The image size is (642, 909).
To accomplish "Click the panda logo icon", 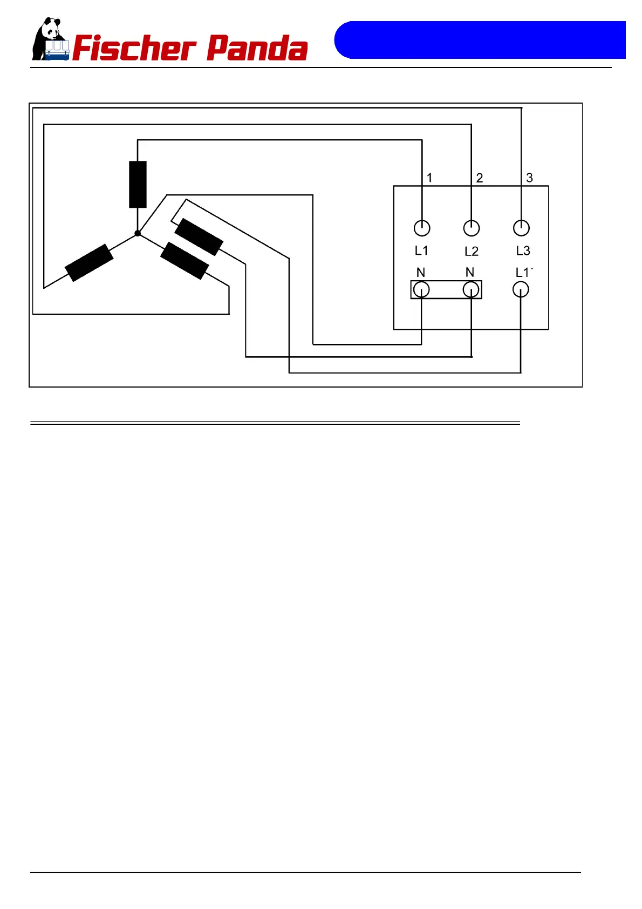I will (x=50, y=39).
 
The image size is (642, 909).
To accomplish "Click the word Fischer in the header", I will (x=134, y=49).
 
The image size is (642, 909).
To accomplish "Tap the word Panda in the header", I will (x=257, y=49).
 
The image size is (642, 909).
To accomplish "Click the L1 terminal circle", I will (x=422, y=228).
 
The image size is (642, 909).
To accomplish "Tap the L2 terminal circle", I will (x=472, y=228).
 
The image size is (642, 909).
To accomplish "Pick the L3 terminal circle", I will (x=521, y=228).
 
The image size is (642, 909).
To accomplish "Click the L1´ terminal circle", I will (x=521, y=290).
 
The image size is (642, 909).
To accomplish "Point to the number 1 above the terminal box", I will (x=429, y=178).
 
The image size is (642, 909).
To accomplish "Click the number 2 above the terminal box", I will (x=479, y=178).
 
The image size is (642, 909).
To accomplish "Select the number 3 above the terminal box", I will (x=529, y=178).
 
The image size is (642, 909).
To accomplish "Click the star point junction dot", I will (x=138, y=233).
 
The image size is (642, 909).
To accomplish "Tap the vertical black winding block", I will (x=138, y=184).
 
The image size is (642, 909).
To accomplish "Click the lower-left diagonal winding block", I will (x=89, y=263).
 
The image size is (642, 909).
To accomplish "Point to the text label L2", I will (x=472, y=252).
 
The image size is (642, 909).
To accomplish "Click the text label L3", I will (x=523, y=251).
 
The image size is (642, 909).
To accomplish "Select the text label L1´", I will (x=524, y=273).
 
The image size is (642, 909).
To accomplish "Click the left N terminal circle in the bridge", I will (x=421, y=290).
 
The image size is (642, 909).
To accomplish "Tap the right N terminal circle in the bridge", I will (x=471, y=290).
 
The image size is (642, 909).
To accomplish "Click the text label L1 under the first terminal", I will (x=421, y=251).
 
